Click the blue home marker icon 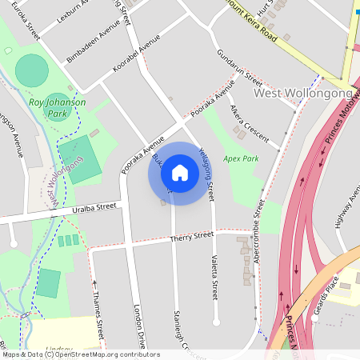point(180,173)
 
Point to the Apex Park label point(241,159)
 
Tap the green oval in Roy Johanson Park point(31,70)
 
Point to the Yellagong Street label point(206,174)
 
